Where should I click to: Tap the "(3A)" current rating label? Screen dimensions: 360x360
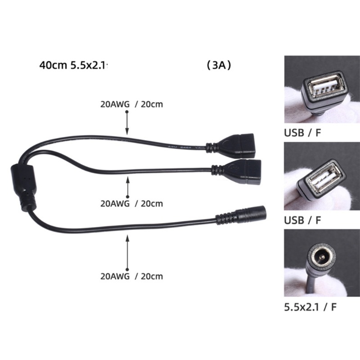[219, 65]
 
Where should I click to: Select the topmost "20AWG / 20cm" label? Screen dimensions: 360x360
[131, 104]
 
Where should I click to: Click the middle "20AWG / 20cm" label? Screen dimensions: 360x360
[131, 203]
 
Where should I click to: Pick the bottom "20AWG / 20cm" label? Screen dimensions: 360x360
[131, 276]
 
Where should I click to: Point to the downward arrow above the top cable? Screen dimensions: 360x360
[127, 122]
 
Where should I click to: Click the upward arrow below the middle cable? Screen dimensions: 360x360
[128, 187]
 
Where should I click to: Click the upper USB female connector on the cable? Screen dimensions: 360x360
[241, 144]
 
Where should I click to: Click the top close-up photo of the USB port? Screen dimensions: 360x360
[322, 89]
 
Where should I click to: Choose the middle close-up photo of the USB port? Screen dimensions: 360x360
[322, 176]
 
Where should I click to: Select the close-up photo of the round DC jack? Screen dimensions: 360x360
[322, 263]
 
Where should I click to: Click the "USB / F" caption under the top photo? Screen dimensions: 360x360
[303, 133]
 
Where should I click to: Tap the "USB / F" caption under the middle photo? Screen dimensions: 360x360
[303, 220]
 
